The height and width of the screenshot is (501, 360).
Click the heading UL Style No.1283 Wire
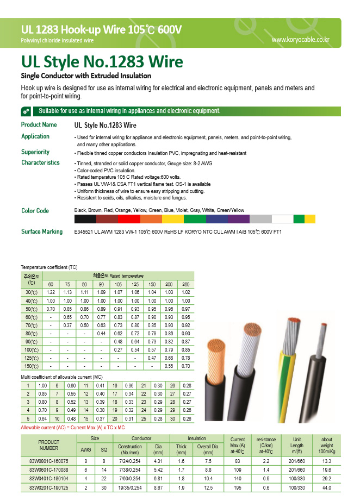pyautogui.click(x=102, y=61)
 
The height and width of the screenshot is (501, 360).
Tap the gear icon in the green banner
pyautogui.click(x=26, y=111)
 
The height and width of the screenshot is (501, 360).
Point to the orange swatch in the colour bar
pyautogui.click(x=151, y=219)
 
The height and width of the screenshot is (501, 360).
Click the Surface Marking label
pyautogui.click(x=42, y=231)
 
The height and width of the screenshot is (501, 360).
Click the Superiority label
pyautogui.click(x=35, y=152)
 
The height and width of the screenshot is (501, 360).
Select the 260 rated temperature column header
pyautogui.click(x=186, y=285)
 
